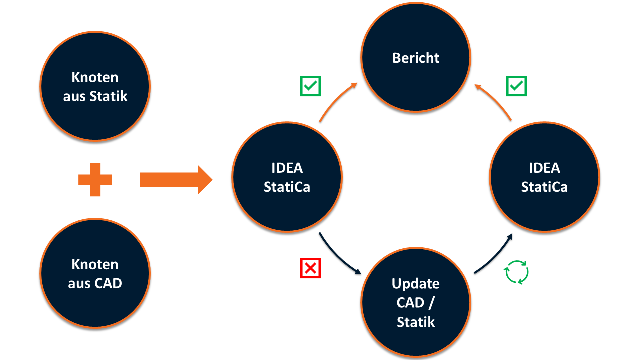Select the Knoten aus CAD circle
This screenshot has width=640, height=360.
point(95,274)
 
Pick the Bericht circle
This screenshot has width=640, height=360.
point(416,58)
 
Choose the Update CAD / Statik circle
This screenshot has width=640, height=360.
point(416,302)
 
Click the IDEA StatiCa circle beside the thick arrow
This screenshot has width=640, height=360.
point(287,177)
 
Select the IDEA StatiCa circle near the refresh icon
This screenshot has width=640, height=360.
point(544,177)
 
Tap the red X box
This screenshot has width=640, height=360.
point(310,268)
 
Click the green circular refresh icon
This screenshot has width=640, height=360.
point(516,272)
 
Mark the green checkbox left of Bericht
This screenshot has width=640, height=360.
point(310,86)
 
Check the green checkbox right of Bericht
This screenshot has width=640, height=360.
point(516,86)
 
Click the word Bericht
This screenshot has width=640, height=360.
point(416,58)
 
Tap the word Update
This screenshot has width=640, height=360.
point(416,284)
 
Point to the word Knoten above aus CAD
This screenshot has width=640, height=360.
point(95,264)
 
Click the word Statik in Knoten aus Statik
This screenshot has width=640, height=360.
point(109,96)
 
